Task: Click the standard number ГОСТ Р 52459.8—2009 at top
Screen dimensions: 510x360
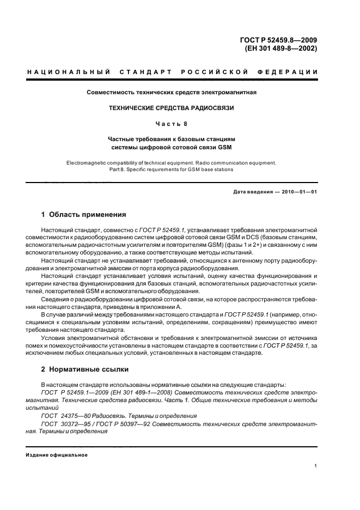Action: pyautogui.click(x=278, y=39)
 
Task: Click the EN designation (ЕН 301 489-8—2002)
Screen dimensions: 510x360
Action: pyautogui.click(x=278, y=47)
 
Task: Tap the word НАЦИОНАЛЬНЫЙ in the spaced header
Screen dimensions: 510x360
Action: pyautogui.click(x=69, y=72)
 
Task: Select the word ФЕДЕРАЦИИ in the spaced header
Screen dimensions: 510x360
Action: pyautogui.click(x=291, y=72)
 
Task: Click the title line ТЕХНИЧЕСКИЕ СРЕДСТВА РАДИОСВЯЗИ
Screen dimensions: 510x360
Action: pyautogui.click(x=172, y=108)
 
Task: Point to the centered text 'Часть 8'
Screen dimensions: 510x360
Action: pyautogui.click(x=172, y=124)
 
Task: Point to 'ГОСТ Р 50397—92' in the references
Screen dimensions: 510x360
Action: pyautogui.click(x=126, y=423)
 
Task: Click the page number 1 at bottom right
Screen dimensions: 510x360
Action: pyautogui.click(x=316, y=466)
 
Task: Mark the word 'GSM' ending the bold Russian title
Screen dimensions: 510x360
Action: pyautogui.click(x=225, y=147)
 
